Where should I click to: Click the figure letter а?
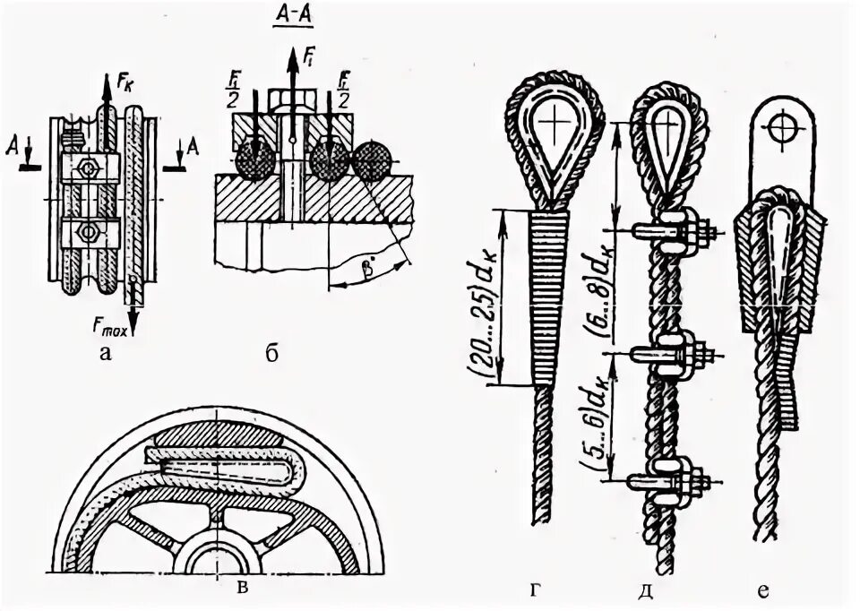(x=106, y=354)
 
